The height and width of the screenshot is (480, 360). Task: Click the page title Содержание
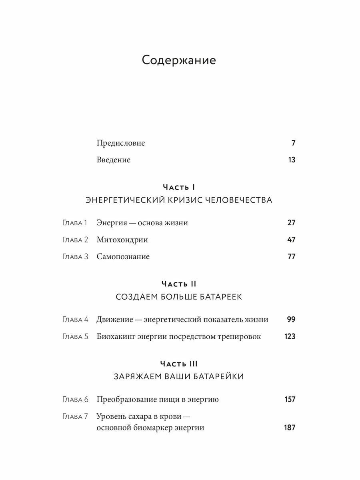pyautogui.click(x=179, y=60)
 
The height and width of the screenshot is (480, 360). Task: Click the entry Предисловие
pyautogui.click(x=121, y=143)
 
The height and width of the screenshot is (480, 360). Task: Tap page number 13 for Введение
pyautogui.click(x=291, y=160)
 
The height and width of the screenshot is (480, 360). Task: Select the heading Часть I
pyautogui.click(x=179, y=187)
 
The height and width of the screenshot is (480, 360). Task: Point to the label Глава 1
pyautogui.click(x=75, y=223)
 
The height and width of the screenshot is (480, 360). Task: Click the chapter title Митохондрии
pyautogui.click(x=122, y=240)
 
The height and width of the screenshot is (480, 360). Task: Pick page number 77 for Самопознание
pyautogui.click(x=291, y=256)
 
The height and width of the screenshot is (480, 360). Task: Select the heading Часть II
pyautogui.click(x=179, y=284)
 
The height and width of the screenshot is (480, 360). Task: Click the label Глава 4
pyautogui.click(x=75, y=320)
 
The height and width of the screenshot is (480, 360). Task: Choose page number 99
pyautogui.click(x=291, y=320)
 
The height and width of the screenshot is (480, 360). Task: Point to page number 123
pyautogui.click(x=290, y=336)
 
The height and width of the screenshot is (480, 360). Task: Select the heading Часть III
pyautogui.click(x=179, y=364)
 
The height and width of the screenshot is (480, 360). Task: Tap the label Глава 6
pyautogui.click(x=75, y=399)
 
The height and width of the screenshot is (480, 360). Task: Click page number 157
pyautogui.click(x=289, y=399)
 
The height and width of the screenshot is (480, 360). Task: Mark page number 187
pyautogui.click(x=289, y=428)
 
